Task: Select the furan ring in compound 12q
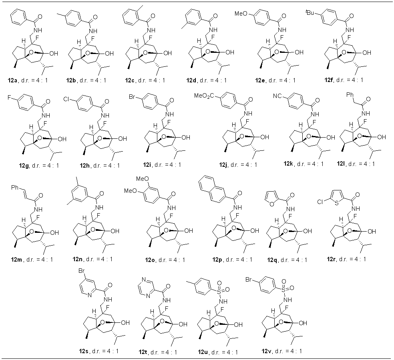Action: (x=272, y=198)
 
